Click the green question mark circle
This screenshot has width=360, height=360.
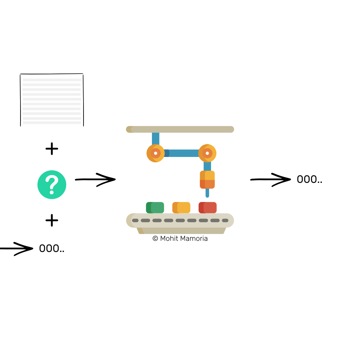52,185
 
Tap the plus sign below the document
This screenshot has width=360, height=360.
52,149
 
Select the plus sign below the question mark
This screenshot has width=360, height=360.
52,220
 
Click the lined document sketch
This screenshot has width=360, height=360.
52,100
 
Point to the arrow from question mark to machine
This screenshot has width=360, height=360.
95,179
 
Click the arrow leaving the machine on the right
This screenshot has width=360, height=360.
271,179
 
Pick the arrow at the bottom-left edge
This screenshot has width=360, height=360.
16,249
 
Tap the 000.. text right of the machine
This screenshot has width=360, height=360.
309,179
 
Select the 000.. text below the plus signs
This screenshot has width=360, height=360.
51,249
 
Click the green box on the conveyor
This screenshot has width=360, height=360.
155,208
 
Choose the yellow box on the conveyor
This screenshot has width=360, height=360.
181,208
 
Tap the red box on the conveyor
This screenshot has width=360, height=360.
208,208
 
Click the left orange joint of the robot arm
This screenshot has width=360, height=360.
156,153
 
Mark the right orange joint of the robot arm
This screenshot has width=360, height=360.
207,153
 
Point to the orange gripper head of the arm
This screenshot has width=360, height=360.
207,180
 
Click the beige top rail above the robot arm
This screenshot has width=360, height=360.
180,129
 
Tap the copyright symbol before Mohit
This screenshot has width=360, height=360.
155,238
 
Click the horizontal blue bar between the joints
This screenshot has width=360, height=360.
181,153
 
